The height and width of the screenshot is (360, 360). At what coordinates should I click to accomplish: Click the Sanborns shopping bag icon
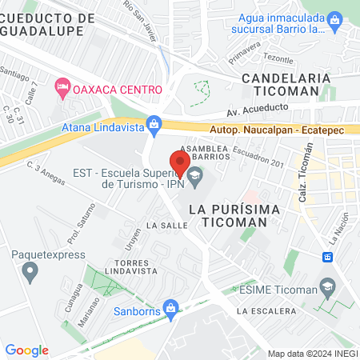[x=170, y=308]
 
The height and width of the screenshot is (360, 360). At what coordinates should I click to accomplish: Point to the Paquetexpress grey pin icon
[x=30, y=272]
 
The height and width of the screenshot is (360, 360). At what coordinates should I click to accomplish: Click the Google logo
[x=26, y=350]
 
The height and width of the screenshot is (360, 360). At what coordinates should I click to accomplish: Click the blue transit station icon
[x=327, y=257]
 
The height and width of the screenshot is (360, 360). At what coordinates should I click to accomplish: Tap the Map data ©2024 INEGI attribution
[x=312, y=354]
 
